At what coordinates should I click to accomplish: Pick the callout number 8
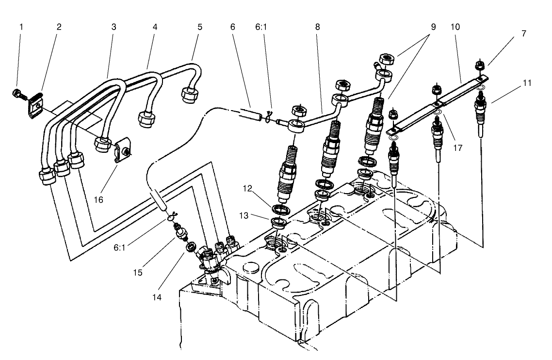coord(317,27)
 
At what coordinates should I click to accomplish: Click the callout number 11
coord(527,83)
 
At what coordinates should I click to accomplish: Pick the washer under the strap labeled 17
coord(437,114)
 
